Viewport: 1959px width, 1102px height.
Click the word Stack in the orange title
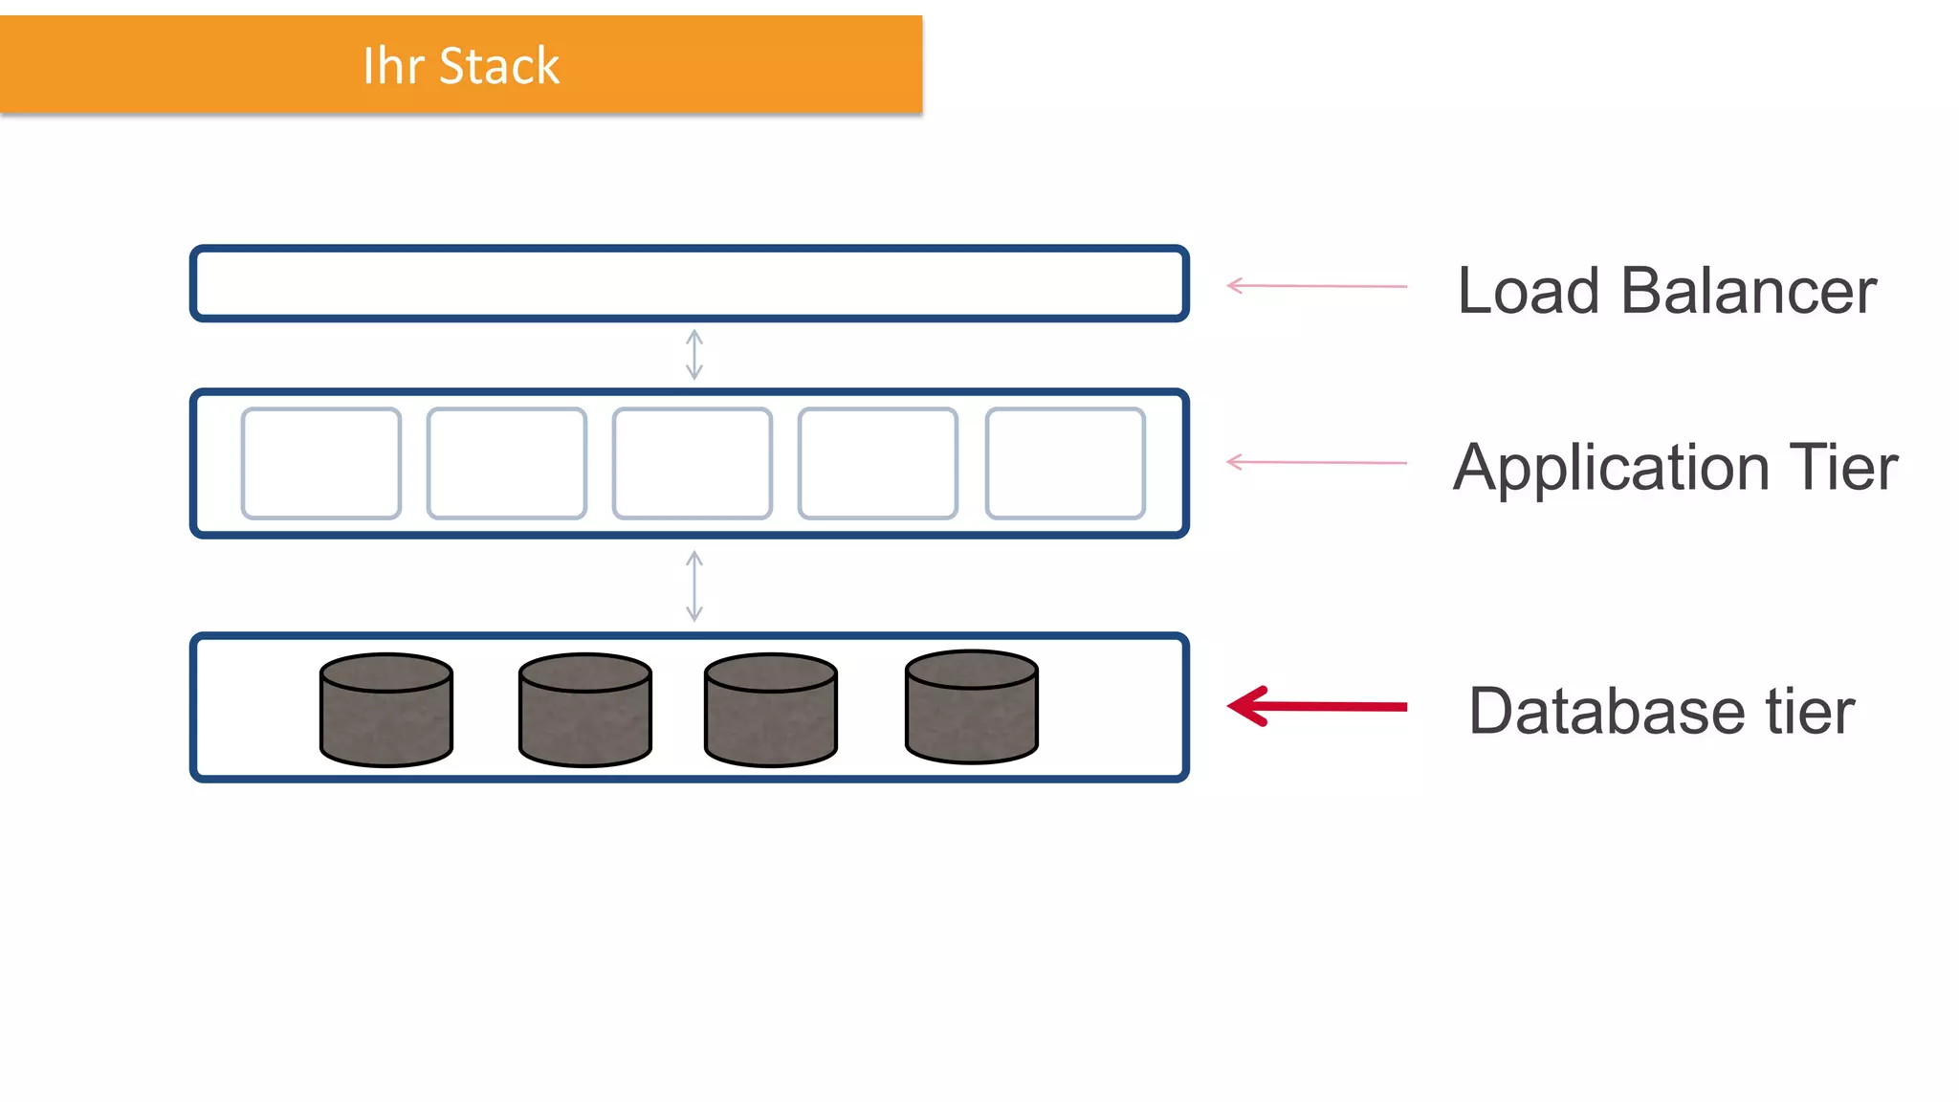498,66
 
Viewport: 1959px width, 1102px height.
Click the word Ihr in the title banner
393,66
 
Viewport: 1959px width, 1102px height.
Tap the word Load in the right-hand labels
1528,291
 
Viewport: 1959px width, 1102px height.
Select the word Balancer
1749,291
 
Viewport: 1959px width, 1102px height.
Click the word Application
1611,469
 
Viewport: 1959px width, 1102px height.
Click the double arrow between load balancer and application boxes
694,355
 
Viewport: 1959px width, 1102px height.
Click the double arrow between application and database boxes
694,585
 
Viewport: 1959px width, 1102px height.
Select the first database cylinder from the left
386,711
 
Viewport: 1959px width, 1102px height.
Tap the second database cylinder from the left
585,711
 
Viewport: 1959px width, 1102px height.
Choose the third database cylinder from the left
771,711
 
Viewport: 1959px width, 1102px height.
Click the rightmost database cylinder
972,707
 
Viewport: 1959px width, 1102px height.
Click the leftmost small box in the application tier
321,464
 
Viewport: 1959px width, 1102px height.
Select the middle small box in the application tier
693,464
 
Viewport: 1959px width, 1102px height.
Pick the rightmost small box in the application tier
1066,464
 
